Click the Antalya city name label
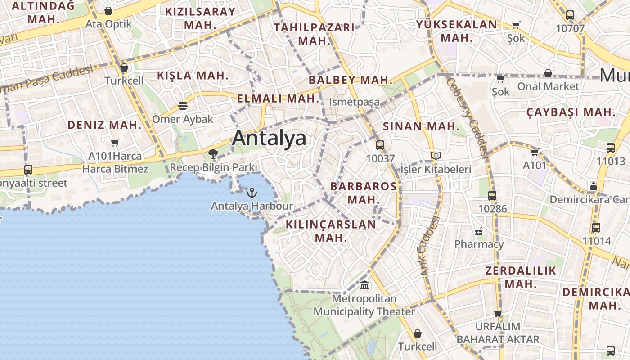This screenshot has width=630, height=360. [x=269, y=138]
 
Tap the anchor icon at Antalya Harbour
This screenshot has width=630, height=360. [x=252, y=193]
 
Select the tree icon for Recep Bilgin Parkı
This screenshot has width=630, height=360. [x=213, y=155]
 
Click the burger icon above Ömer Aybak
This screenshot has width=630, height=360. [x=182, y=106]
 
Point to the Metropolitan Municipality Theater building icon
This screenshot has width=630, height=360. [x=364, y=285]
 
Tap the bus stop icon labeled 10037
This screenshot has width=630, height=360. [x=380, y=145]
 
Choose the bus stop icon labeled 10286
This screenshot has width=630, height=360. [x=492, y=196]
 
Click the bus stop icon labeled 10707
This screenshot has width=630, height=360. [x=570, y=15]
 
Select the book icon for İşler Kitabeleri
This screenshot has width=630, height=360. [x=436, y=156]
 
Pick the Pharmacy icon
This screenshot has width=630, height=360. [x=479, y=231]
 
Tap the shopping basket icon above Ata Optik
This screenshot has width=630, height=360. [x=108, y=11]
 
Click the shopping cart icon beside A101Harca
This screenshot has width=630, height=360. [x=115, y=143]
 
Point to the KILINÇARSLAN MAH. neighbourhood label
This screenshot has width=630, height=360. [x=331, y=231]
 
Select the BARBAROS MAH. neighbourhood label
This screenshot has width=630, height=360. [x=364, y=193]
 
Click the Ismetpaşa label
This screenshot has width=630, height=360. [x=354, y=102]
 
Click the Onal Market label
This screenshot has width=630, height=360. [x=548, y=86]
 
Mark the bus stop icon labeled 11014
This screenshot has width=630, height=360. [x=596, y=228]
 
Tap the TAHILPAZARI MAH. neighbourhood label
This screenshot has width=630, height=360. [x=314, y=34]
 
